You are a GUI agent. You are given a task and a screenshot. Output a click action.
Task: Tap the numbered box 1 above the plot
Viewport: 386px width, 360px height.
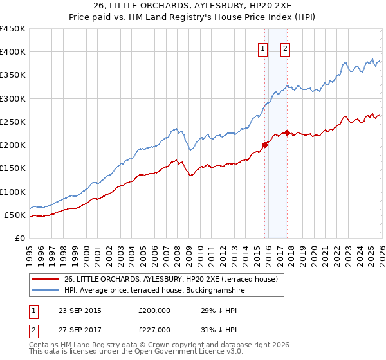(x=263, y=46)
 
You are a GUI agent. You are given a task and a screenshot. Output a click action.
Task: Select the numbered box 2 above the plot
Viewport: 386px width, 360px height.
(x=285, y=46)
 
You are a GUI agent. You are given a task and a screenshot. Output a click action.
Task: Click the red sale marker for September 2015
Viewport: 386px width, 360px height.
(x=264, y=145)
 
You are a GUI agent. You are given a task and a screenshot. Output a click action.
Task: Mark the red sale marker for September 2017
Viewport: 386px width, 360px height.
(x=287, y=132)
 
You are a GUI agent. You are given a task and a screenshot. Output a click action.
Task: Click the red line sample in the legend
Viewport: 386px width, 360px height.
(x=46, y=279)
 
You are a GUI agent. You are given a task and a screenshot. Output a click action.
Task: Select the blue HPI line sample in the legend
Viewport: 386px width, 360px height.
(x=46, y=291)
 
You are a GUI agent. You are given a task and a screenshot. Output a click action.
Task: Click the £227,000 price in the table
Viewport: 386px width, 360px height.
(x=154, y=330)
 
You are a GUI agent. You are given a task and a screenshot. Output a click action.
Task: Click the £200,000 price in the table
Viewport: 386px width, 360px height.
(x=154, y=310)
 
